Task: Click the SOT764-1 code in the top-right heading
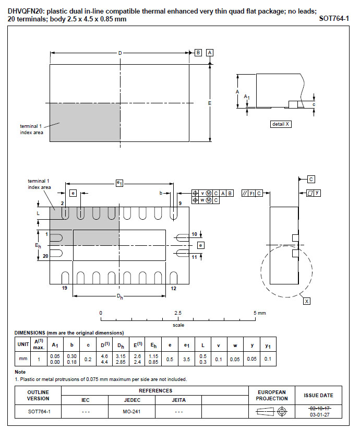click(x=334, y=19)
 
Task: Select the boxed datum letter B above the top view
click(x=198, y=53)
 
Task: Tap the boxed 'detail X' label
click(x=281, y=124)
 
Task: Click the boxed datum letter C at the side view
click(x=311, y=179)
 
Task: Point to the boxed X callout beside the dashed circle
click(x=307, y=301)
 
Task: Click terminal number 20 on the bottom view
click(x=45, y=256)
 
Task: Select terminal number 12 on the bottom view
click(x=173, y=289)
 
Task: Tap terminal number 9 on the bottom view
click(x=180, y=203)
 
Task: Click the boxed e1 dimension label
click(x=119, y=183)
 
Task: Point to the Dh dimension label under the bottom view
click(x=120, y=296)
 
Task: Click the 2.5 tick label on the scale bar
click(x=178, y=313)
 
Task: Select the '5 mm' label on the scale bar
click(x=260, y=313)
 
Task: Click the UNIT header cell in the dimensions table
click(x=23, y=344)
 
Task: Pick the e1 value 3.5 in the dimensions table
click(x=187, y=359)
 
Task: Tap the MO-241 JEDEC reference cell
click(x=132, y=411)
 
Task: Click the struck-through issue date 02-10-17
click(x=319, y=409)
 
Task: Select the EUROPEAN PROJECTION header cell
click(x=272, y=396)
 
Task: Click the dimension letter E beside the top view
click(x=210, y=103)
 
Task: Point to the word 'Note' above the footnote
click(x=20, y=372)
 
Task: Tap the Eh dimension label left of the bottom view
click(x=38, y=246)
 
